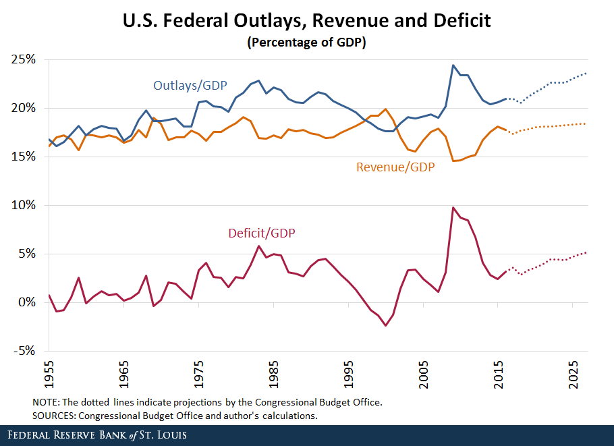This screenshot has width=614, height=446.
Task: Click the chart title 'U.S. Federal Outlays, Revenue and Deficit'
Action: tap(307, 21)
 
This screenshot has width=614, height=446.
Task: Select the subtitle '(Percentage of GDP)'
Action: tap(307, 43)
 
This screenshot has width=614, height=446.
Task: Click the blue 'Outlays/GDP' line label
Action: tap(189, 86)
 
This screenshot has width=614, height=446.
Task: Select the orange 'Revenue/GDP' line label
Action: tap(395, 167)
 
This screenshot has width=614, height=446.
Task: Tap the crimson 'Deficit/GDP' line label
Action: tap(262, 233)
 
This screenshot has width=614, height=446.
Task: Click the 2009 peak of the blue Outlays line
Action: tap(453, 65)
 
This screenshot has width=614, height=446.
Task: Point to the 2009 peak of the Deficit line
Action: tap(453, 208)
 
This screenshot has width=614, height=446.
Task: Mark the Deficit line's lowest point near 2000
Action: tap(386, 326)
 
